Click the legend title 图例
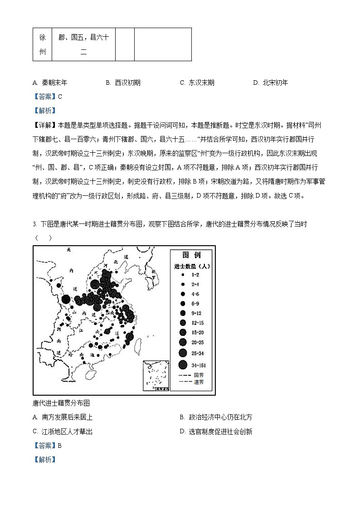191,255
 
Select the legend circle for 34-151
183,364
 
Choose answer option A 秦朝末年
50,83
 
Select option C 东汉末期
197,83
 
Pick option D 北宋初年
271,83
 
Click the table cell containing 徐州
42,44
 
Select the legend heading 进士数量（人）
191,266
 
